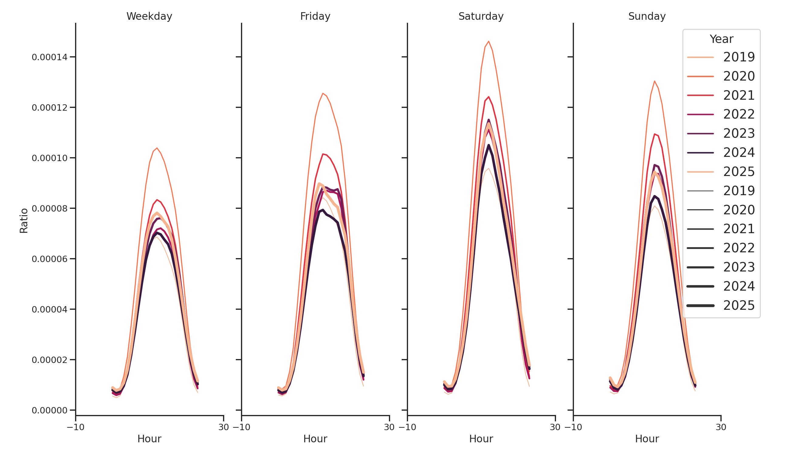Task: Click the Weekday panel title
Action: [149, 16]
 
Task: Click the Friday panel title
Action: [315, 16]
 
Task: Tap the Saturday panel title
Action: [481, 16]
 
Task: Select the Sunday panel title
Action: [647, 16]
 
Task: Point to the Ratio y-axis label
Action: [24, 221]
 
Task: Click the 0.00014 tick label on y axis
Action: [50, 57]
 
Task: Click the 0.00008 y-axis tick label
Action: [50, 209]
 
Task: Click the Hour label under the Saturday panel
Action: [481, 439]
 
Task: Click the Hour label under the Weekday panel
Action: [149, 439]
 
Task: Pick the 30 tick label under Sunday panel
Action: [721, 427]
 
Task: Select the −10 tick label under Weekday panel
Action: [75, 427]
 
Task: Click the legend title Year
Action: [721, 39]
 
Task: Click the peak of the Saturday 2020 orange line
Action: [488, 41]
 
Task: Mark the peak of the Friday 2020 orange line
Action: [323, 93]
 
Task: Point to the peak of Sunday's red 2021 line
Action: [654, 134]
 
